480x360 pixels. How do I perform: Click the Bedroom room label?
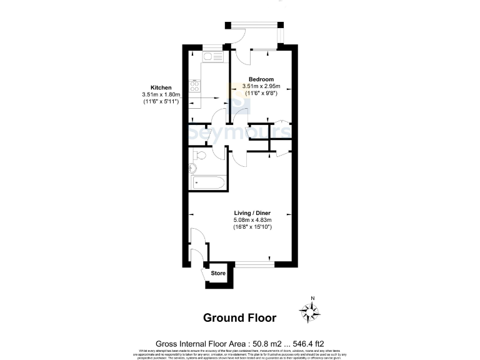(261, 79)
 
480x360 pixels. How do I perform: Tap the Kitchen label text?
(161, 87)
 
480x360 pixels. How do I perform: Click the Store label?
(217, 273)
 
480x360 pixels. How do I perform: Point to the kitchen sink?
(209, 58)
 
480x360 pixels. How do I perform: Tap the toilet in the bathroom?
(199, 156)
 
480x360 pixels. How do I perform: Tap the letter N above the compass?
(313, 297)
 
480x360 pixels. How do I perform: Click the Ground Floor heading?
(239, 318)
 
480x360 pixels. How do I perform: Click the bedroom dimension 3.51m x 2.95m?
(261, 86)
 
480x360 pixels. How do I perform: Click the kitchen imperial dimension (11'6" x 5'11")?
(161, 101)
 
